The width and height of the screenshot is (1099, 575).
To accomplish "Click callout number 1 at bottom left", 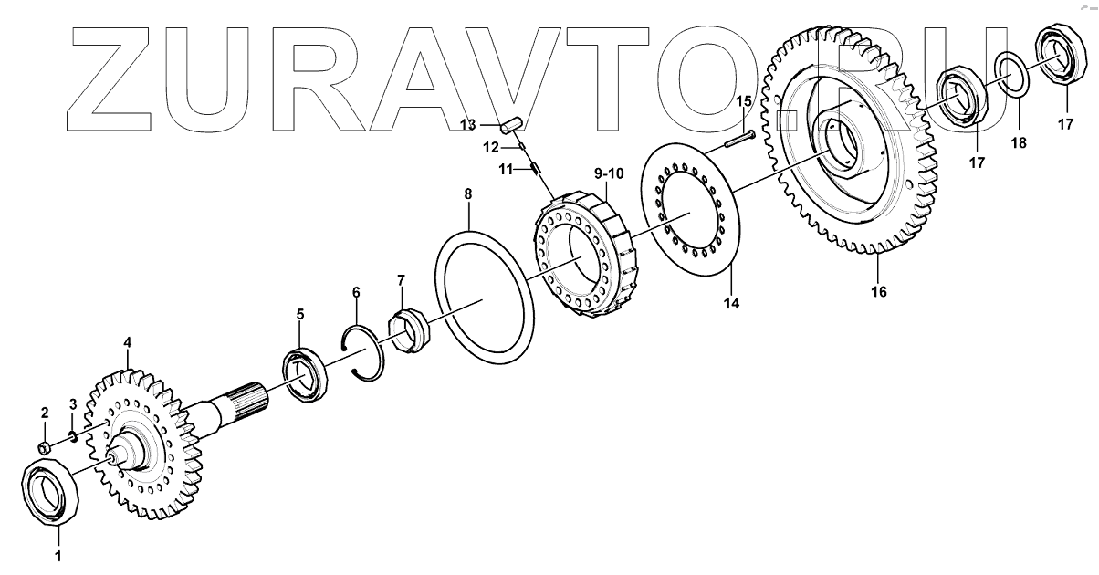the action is point(58,556).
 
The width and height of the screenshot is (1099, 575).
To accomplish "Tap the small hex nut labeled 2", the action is point(45,447).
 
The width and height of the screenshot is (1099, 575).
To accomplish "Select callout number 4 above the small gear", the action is point(128,342).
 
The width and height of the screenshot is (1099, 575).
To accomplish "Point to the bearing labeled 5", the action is point(305,374).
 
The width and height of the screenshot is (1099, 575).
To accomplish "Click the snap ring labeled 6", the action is point(363,352).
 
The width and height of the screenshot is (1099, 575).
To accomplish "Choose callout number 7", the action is point(402,280).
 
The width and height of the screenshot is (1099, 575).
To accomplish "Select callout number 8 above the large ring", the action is point(468,194).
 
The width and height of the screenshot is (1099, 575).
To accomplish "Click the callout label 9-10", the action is point(609,173).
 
